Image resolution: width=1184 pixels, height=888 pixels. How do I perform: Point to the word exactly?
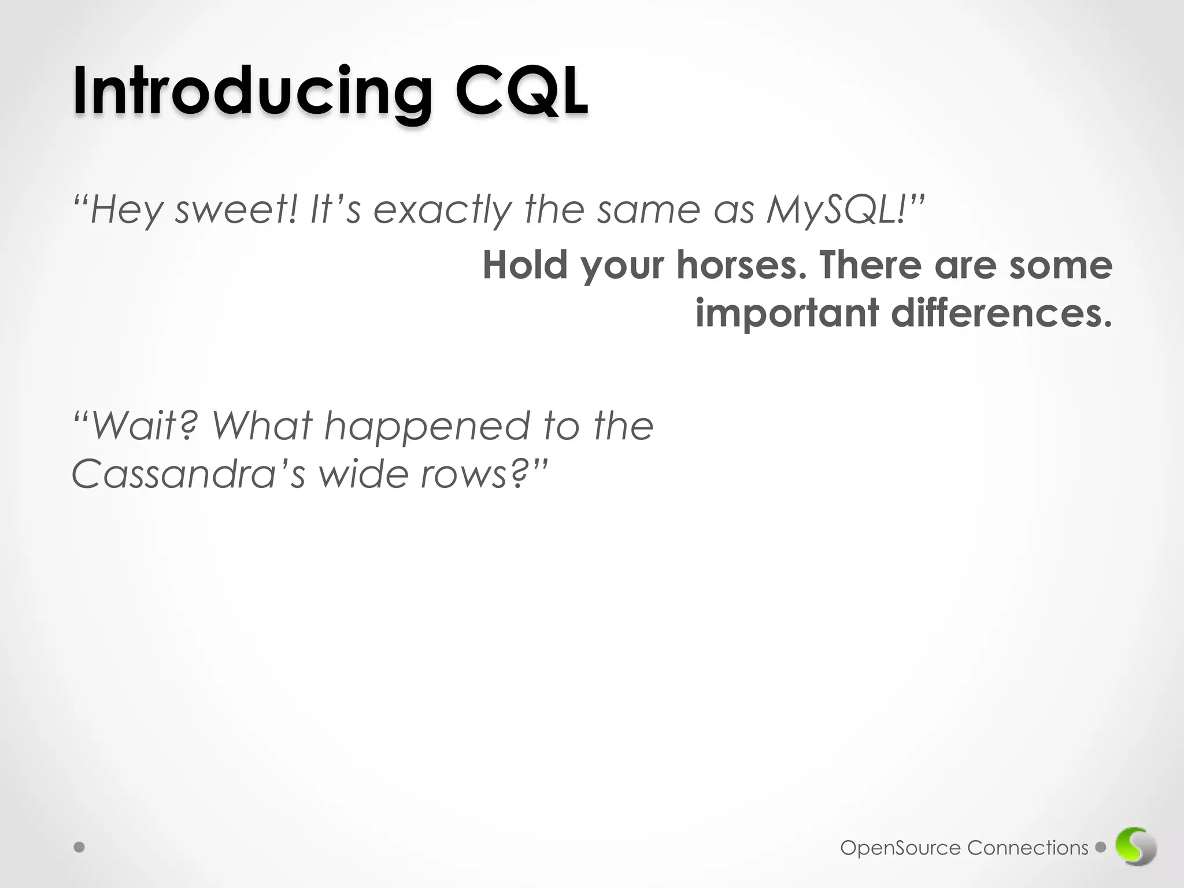(443, 210)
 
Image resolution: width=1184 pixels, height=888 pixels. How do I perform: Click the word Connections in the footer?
(1027, 848)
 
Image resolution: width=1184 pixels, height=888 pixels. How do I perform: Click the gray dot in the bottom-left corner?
(80, 848)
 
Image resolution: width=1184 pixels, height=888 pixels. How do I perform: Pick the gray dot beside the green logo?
(1101, 848)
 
